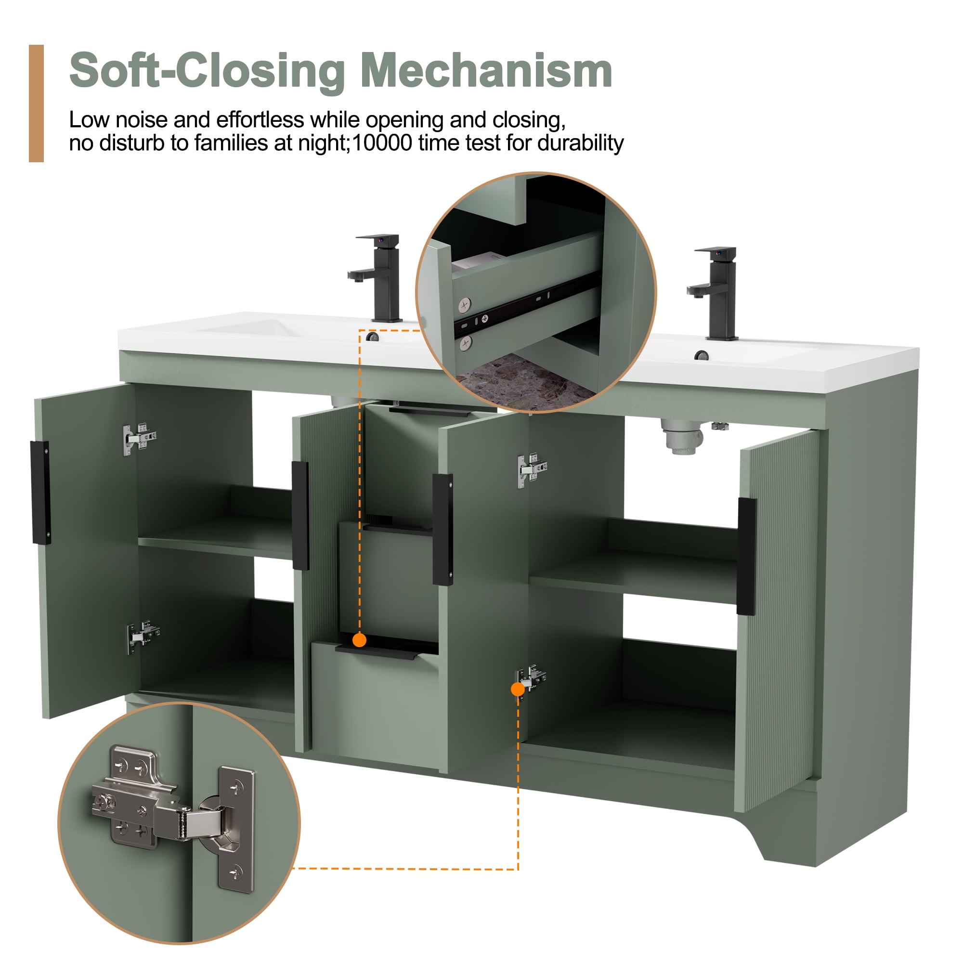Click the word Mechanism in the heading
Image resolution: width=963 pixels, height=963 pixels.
[x=486, y=71]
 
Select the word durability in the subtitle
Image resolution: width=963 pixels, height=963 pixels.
[x=580, y=143]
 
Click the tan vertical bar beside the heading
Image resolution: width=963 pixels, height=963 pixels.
[x=37, y=103]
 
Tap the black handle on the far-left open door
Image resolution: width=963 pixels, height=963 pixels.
[x=41, y=493]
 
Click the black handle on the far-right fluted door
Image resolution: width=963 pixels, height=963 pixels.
[x=746, y=556]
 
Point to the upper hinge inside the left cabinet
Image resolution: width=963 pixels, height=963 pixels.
[x=140, y=439]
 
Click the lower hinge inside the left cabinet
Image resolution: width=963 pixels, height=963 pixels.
[x=143, y=636]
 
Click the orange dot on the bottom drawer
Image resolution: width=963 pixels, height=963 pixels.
[x=359, y=640]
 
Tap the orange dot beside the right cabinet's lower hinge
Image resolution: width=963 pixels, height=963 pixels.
[x=518, y=690]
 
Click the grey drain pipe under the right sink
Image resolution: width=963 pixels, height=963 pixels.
[x=681, y=436]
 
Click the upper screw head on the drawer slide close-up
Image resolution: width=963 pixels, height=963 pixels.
[x=465, y=304]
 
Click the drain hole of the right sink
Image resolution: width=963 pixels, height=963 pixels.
[x=702, y=355]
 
